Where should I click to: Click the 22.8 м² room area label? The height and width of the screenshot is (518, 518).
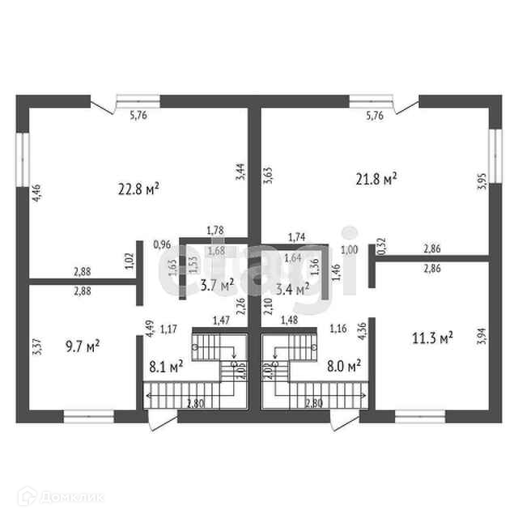(x=138, y=189)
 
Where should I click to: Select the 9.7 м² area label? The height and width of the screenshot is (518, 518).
(x=83, y=346)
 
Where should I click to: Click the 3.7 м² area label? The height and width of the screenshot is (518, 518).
(x=216, y=284)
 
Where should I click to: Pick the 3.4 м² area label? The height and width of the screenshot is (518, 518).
(x=292, y=288)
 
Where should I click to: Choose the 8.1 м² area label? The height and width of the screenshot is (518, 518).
(x=165, y=366)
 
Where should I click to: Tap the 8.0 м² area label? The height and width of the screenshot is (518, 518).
(x=342, y=366)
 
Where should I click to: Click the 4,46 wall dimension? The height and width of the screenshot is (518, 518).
(x=36, y=195)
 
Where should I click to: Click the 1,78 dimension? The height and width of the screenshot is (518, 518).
(x=215, y=231)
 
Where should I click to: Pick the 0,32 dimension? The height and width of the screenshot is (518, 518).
(x=382, y=245)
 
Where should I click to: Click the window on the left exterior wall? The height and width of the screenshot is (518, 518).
(x=23, y=159)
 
